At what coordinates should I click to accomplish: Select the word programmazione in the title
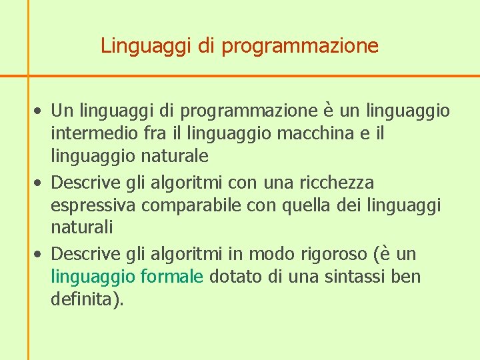(299, 47)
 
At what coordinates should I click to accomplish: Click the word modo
(267, 254)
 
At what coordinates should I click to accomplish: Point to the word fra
(155, 133)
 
